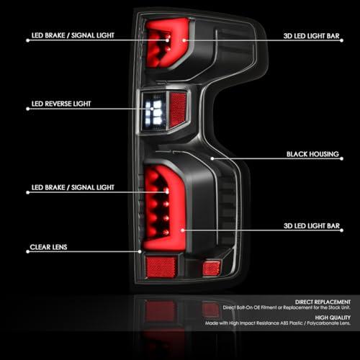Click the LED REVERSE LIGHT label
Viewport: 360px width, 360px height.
coord(61,104)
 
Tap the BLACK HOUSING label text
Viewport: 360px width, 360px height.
coord(312,154)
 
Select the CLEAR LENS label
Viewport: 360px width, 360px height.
coord(48,247)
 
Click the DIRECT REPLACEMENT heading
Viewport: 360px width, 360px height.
coord(323,302)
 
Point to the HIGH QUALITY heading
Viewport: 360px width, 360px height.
coord(333,318)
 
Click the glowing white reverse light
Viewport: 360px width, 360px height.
coord(154,112)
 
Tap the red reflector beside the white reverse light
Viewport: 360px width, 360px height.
coord(178,109)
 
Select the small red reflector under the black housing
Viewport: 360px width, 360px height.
coord(211,268)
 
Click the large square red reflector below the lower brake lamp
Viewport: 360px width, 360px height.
coord(161,267)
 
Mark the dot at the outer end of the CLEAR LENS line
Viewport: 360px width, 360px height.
coord(28,252)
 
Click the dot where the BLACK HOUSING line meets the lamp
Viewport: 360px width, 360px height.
coord(212,158)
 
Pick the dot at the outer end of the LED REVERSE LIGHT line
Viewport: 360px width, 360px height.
coord(28,109)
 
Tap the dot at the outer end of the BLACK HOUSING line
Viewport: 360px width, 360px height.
coord(341,158)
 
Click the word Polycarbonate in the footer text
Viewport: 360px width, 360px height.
coord(323,323)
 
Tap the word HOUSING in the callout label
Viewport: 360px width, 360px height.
coord(324,154)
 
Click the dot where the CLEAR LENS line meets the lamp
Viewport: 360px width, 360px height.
coord(140,251)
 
